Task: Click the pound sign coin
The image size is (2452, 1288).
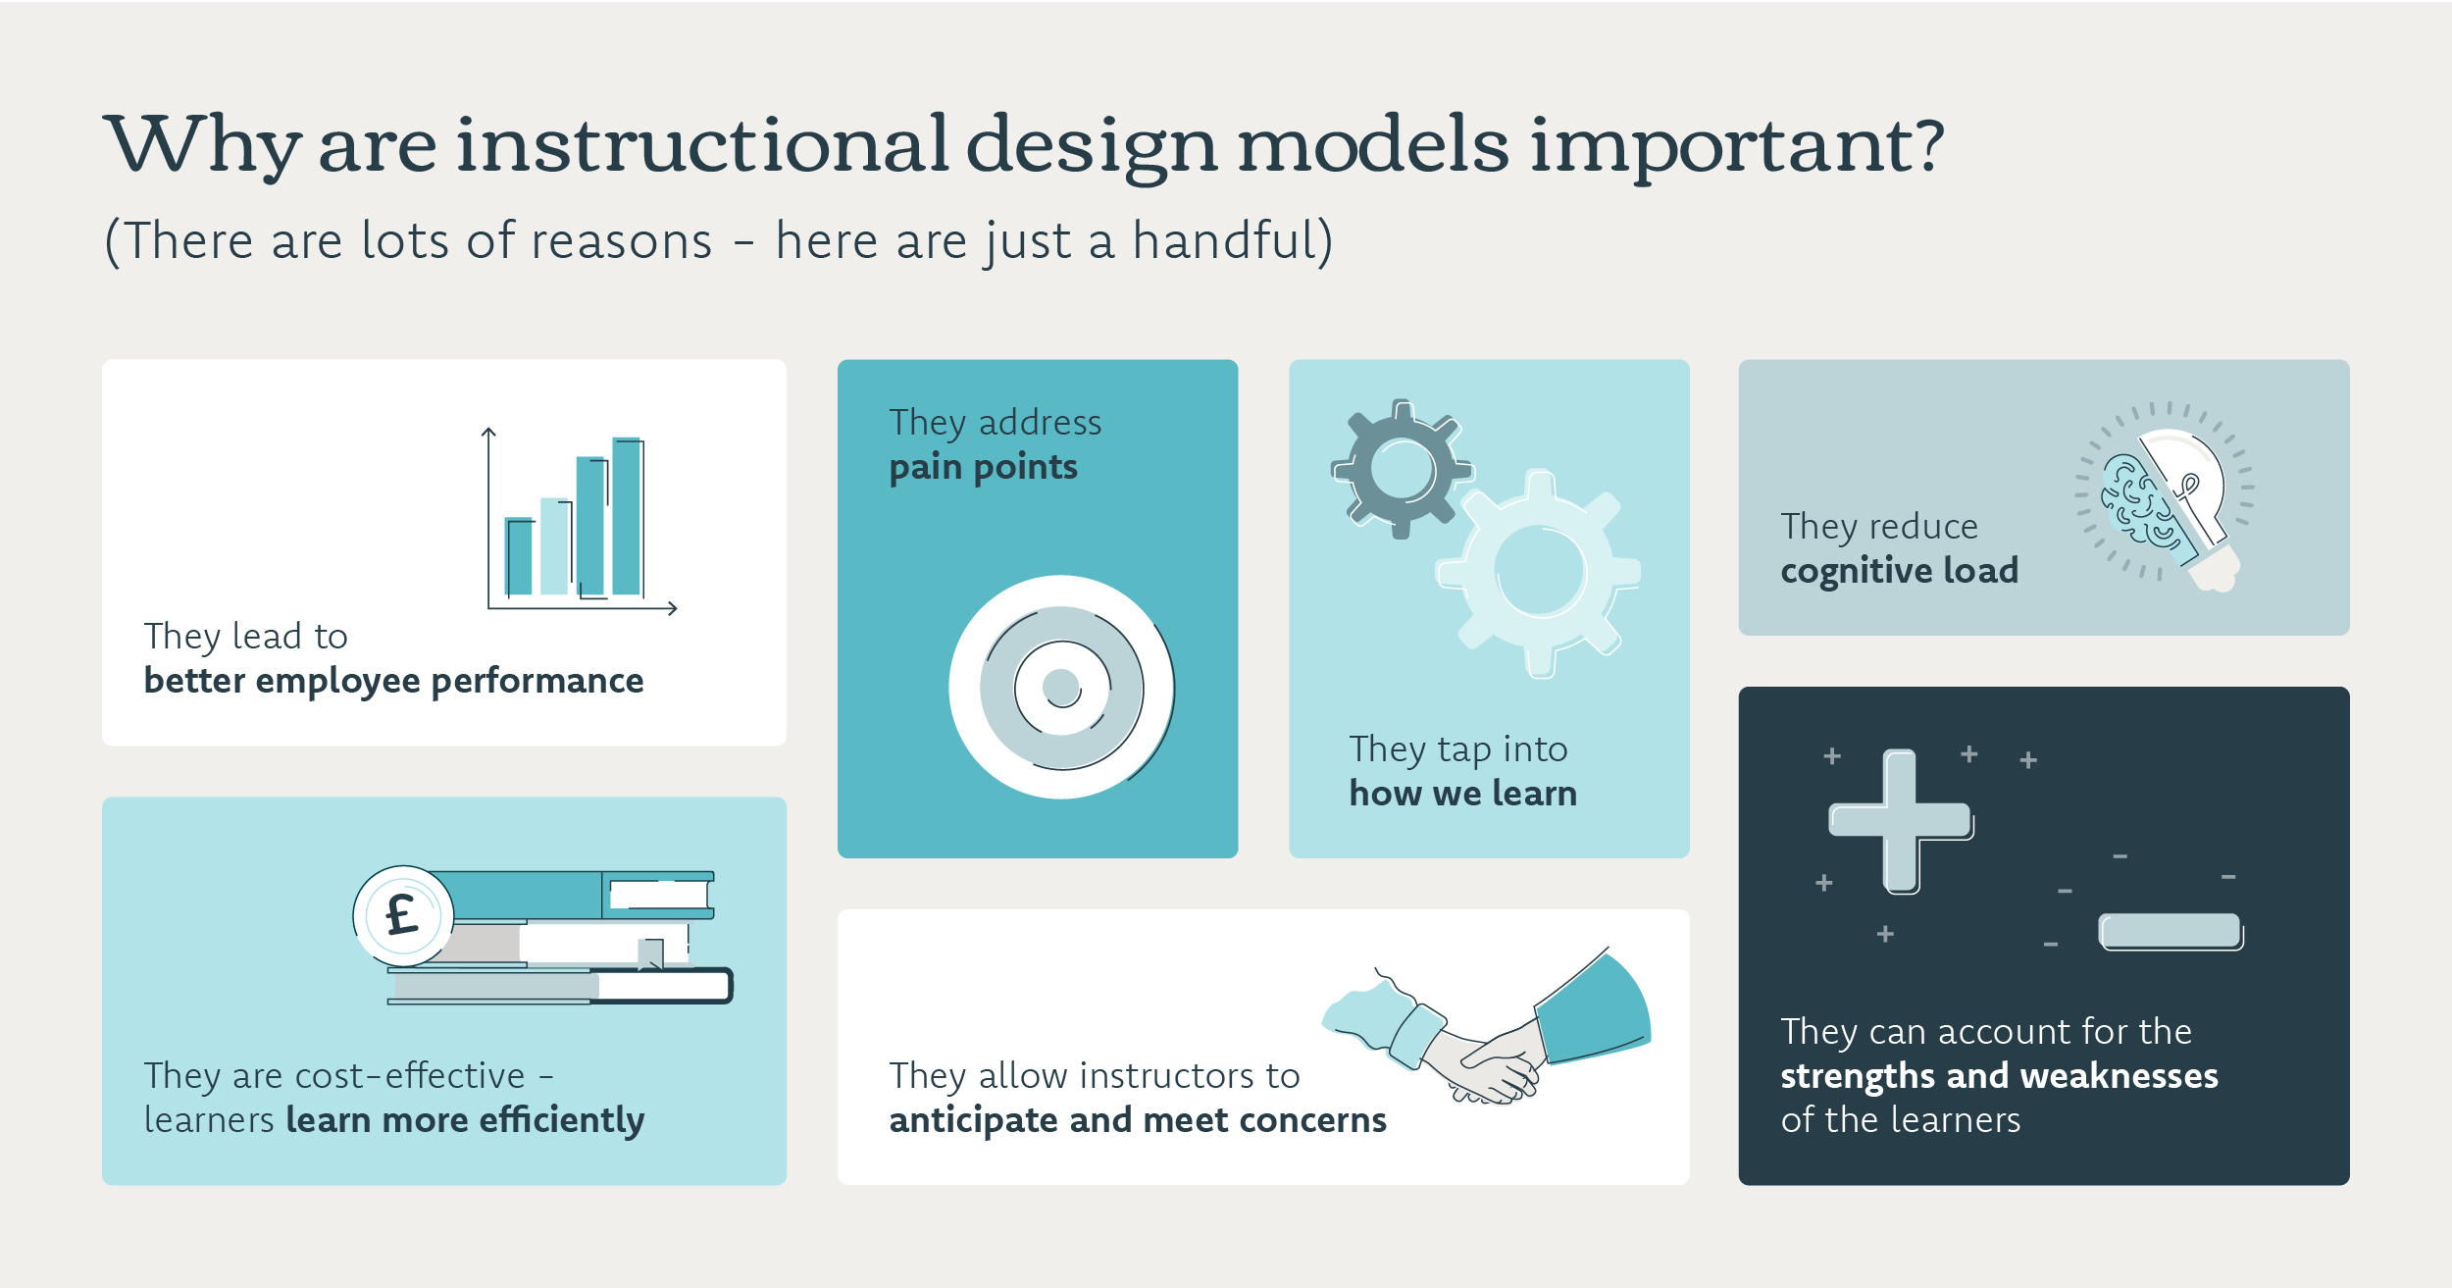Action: point(403,916)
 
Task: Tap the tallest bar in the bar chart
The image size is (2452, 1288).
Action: point(627,516)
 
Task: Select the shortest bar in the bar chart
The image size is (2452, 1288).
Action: point(518,555)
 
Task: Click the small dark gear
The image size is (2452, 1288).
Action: point(1402,469)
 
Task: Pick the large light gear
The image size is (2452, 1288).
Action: point(1539,572)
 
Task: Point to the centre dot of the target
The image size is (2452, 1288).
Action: point(1061,687)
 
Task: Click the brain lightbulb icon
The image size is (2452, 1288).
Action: point(2165,496)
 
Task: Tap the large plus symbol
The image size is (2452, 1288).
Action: point(1901,821)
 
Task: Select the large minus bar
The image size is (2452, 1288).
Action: point(2171,931)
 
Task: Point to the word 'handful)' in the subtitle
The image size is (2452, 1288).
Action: point(1233,240)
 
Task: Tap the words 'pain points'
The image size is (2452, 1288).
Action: point(983,468)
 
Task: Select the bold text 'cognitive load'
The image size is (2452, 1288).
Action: point(1900,571)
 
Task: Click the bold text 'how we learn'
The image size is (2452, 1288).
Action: point(1462,793)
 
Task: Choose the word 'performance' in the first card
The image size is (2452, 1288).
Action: point(537,682)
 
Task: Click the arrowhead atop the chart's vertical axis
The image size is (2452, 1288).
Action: point(488,431)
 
